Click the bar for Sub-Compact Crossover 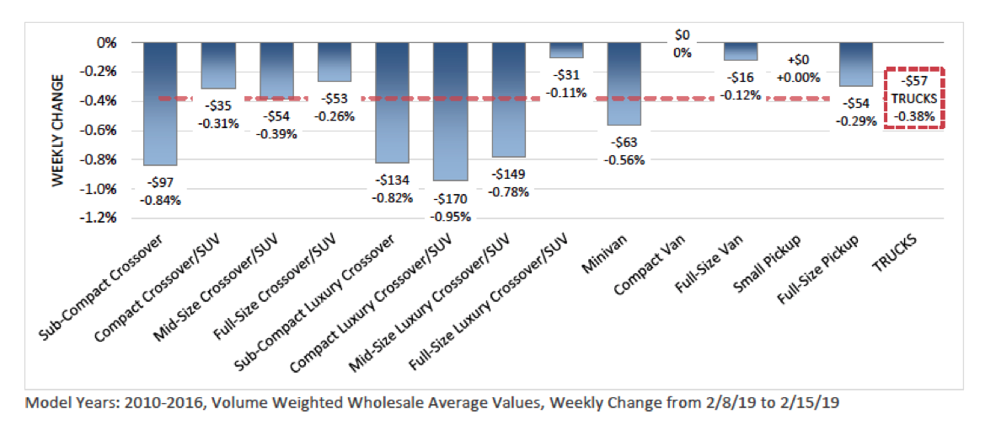[x=160, y=103]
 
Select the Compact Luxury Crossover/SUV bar [x=450, y=111]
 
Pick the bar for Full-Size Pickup [x=856, y=64]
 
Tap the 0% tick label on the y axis [x=109, y=42]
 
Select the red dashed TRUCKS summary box [x=914, y=98]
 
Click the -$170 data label [x=451, y=200]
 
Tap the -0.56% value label [x=624, y=160]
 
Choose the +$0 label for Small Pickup [x=798, y=61]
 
